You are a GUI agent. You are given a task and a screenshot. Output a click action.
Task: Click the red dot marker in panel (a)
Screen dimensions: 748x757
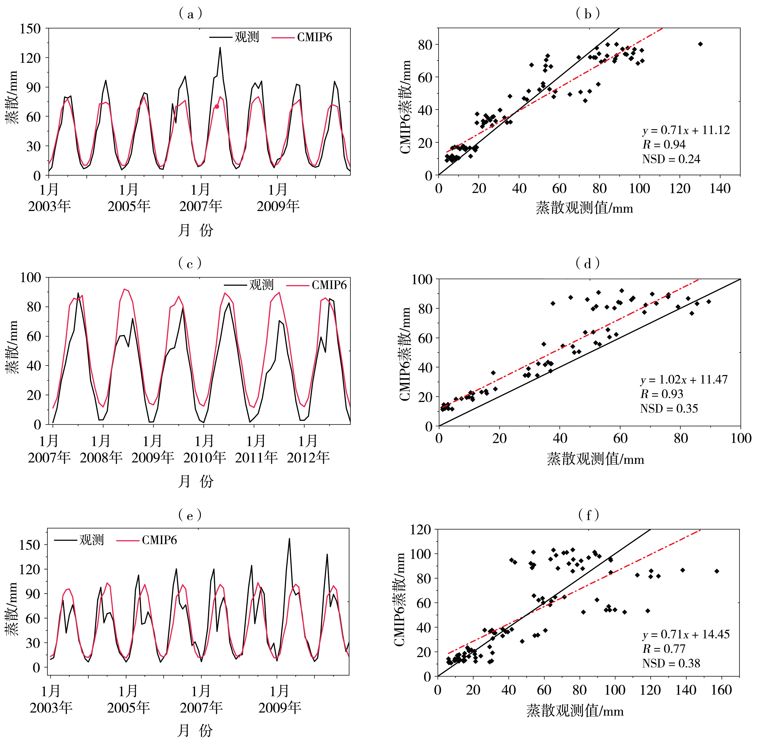[217, 106]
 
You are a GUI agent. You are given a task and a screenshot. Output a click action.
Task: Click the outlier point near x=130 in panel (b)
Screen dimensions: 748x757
[700, 44]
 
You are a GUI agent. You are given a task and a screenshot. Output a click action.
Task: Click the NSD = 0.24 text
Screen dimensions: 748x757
[671, 159]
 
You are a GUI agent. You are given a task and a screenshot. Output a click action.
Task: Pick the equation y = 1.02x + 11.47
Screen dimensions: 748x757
[684, 379]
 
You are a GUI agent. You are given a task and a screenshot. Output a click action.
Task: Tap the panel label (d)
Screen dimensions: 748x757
[588, 264]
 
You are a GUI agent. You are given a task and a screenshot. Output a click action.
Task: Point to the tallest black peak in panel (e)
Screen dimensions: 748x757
[289, 539]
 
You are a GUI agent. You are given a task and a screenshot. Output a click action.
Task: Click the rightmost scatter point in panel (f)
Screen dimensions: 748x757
[717, 571]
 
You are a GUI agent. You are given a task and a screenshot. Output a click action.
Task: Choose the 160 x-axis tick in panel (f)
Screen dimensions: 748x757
[721, 690]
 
